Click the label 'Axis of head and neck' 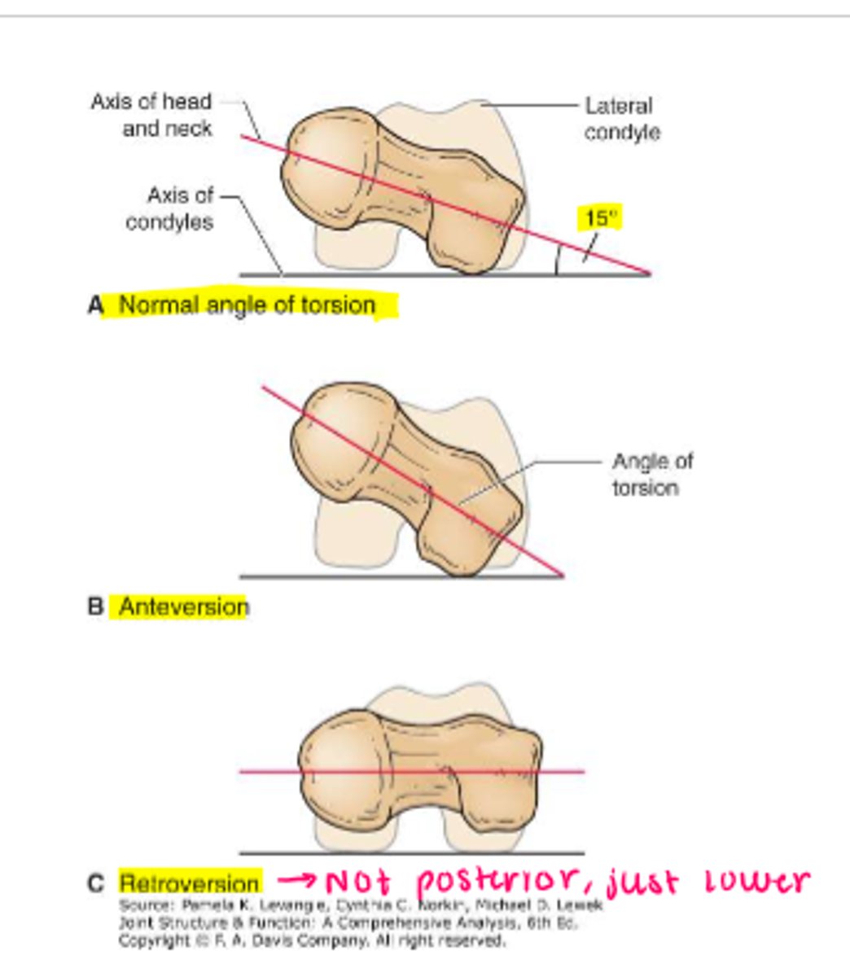(x=151, y=115)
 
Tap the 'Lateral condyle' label (x=622, y=119)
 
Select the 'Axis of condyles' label (x=170, y=208)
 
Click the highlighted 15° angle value (x=601, y=218)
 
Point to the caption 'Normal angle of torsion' (x=247, y=305)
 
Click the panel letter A (x=96, y=306)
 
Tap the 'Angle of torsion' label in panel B (x=651, y=474)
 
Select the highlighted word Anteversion (x=183, y=607)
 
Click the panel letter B (x=96, y=607)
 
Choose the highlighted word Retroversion (x=189, y=883)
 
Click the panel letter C (x=96, y=883)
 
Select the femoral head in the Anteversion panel (x=338, y=440)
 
